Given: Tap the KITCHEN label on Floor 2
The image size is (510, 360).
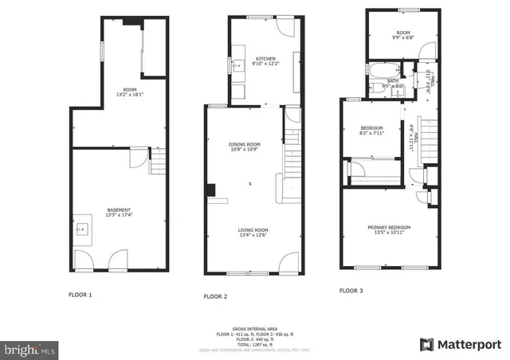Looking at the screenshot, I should coord(265,59).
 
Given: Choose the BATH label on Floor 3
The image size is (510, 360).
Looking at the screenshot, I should coord(393,80).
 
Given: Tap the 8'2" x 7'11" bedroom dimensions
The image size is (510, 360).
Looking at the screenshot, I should coord(371,134).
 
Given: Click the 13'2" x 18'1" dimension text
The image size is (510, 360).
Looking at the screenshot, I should coord(129,95).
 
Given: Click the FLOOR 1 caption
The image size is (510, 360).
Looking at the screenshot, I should coord(80,295).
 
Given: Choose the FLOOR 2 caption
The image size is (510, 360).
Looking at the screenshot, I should coord(215,296).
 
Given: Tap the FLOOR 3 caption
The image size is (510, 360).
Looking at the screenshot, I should coord(351,291).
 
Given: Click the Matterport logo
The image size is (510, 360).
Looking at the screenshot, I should coord(461,344).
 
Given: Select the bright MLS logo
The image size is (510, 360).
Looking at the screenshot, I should coord(30,349).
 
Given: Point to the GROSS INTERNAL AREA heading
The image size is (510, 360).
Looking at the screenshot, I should coord(254,327).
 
